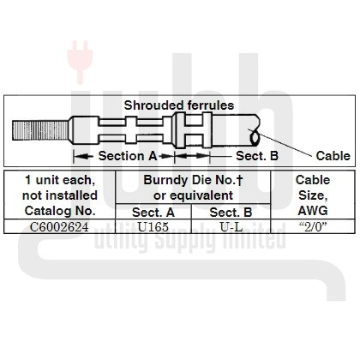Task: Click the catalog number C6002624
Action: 59,227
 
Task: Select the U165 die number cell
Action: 153,227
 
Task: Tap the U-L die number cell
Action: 231,227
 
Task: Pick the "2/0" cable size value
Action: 313,227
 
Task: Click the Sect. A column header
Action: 153,213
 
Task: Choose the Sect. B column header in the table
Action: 231,213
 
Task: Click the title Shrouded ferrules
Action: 179,105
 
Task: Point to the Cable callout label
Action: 333,156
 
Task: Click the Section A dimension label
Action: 128,156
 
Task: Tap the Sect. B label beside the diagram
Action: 257,156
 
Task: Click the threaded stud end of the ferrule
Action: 40,130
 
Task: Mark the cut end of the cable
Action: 255,139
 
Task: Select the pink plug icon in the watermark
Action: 80,62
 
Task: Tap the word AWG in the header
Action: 313,211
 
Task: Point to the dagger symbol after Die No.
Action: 239,181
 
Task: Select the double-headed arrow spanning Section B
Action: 192,156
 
